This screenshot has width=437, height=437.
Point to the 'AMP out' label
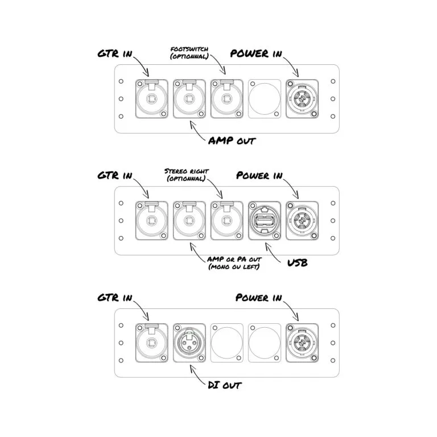231,140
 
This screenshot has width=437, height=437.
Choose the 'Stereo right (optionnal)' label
185,174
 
